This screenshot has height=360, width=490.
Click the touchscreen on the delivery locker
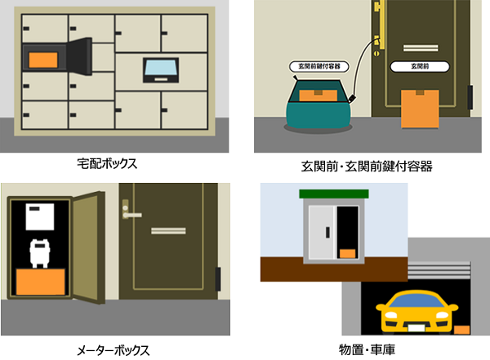[161, 70]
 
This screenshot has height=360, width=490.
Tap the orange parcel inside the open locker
[43, 60]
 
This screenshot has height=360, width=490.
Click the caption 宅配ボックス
[107, 163]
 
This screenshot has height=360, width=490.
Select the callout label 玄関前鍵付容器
[319, 66]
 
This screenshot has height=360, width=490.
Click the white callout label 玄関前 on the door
[420, 66]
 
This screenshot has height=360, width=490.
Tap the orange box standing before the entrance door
[420, 109]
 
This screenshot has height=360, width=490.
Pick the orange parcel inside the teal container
[318, 96]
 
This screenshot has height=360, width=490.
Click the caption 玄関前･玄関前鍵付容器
[367, 167]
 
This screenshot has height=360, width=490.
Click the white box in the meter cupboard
[40, 216]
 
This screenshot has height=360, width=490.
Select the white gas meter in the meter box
[40, 253]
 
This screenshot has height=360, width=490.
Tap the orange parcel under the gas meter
[41, 282]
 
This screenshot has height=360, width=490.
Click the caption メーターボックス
[113, 351]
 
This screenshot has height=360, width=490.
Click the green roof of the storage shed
[334, 193]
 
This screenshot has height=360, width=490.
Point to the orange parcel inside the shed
[348, 253]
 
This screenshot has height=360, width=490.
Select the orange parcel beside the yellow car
[462, 330]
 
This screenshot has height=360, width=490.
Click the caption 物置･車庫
[367, 349]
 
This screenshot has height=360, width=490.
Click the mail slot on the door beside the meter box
[168, 231]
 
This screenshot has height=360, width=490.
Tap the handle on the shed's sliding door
[327, 232]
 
